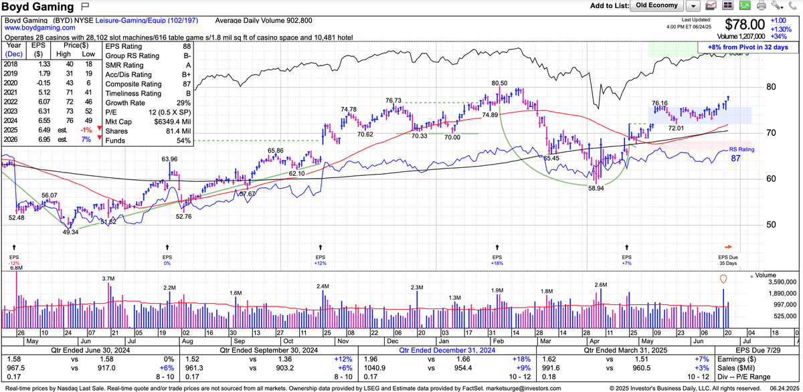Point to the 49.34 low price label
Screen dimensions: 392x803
point(70,232)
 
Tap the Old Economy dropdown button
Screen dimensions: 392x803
point(656,5)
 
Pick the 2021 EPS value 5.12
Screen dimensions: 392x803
point(36,92)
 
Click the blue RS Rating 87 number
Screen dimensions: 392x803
point(736,159)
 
